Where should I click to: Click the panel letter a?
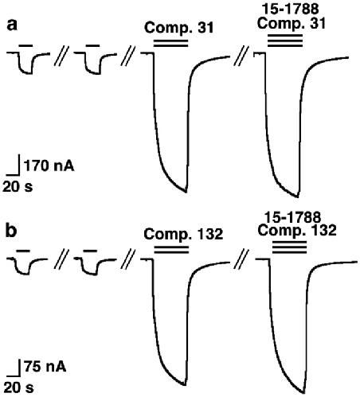(12, 25)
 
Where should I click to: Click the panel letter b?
(11, 231)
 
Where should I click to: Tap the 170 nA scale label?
(49, 166)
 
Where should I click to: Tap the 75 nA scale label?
(45, 367)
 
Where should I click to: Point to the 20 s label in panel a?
(18, 186)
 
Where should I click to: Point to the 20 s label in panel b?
(18, 387)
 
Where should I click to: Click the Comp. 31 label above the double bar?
(179, 28)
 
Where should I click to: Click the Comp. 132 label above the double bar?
(183, 234)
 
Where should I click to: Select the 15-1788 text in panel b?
(293, 217)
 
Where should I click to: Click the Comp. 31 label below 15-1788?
(292, 24)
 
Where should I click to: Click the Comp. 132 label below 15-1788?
(297, 230)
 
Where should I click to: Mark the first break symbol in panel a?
(61, 56)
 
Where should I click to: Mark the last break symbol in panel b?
(241, 259)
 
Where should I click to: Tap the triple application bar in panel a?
(285, 41)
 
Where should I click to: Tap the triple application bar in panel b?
(290, 247)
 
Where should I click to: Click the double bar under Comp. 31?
(170, 43)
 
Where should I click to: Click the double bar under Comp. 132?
(171, 250)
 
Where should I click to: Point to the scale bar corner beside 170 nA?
(19, 175)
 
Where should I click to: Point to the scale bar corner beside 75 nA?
(19, 376)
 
